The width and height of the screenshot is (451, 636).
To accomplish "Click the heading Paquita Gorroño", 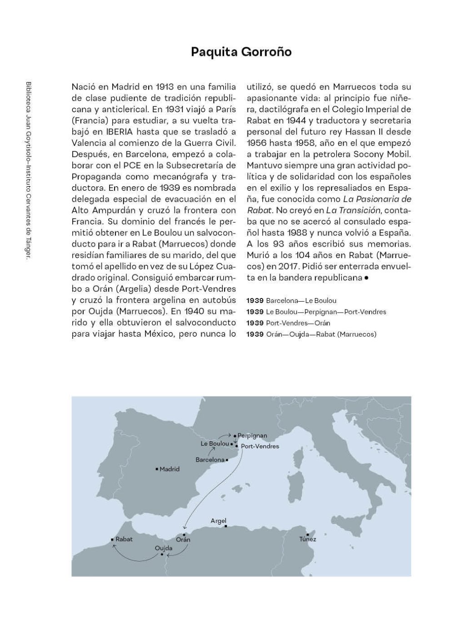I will (241, 52).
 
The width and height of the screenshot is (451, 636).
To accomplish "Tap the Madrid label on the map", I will (170, 469).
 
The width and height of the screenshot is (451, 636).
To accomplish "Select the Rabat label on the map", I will (124, 539).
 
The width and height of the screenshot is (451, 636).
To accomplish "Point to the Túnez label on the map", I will (308, 539).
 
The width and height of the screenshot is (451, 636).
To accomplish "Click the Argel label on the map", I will (218, 521).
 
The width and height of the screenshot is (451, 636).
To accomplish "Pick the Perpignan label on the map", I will (252, 436).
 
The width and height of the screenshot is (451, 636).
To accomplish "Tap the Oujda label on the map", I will (164, 548).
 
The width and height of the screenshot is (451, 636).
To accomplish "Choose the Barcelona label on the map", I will (210, 460).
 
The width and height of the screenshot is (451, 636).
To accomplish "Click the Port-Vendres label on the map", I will (260, 446).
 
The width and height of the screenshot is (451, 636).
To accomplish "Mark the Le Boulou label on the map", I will (215, 443).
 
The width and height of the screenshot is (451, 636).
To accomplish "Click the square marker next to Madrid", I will (157, 469).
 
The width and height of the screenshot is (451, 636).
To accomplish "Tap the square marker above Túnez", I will (308, 534).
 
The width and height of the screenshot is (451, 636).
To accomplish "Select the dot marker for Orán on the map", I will (184, 535).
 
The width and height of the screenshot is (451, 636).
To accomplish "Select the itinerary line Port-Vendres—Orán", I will (288, 323).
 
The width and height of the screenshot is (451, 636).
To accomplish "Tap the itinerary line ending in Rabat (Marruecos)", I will (311, 334).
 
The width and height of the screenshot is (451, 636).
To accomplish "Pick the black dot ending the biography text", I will (366, 278).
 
